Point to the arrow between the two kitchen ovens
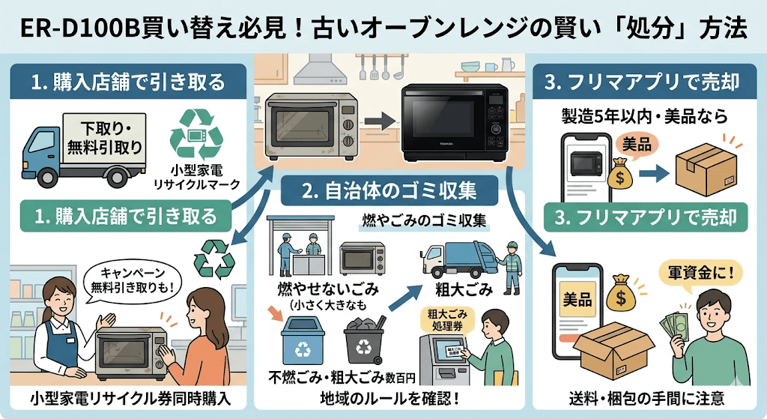(x=383, y=119)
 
